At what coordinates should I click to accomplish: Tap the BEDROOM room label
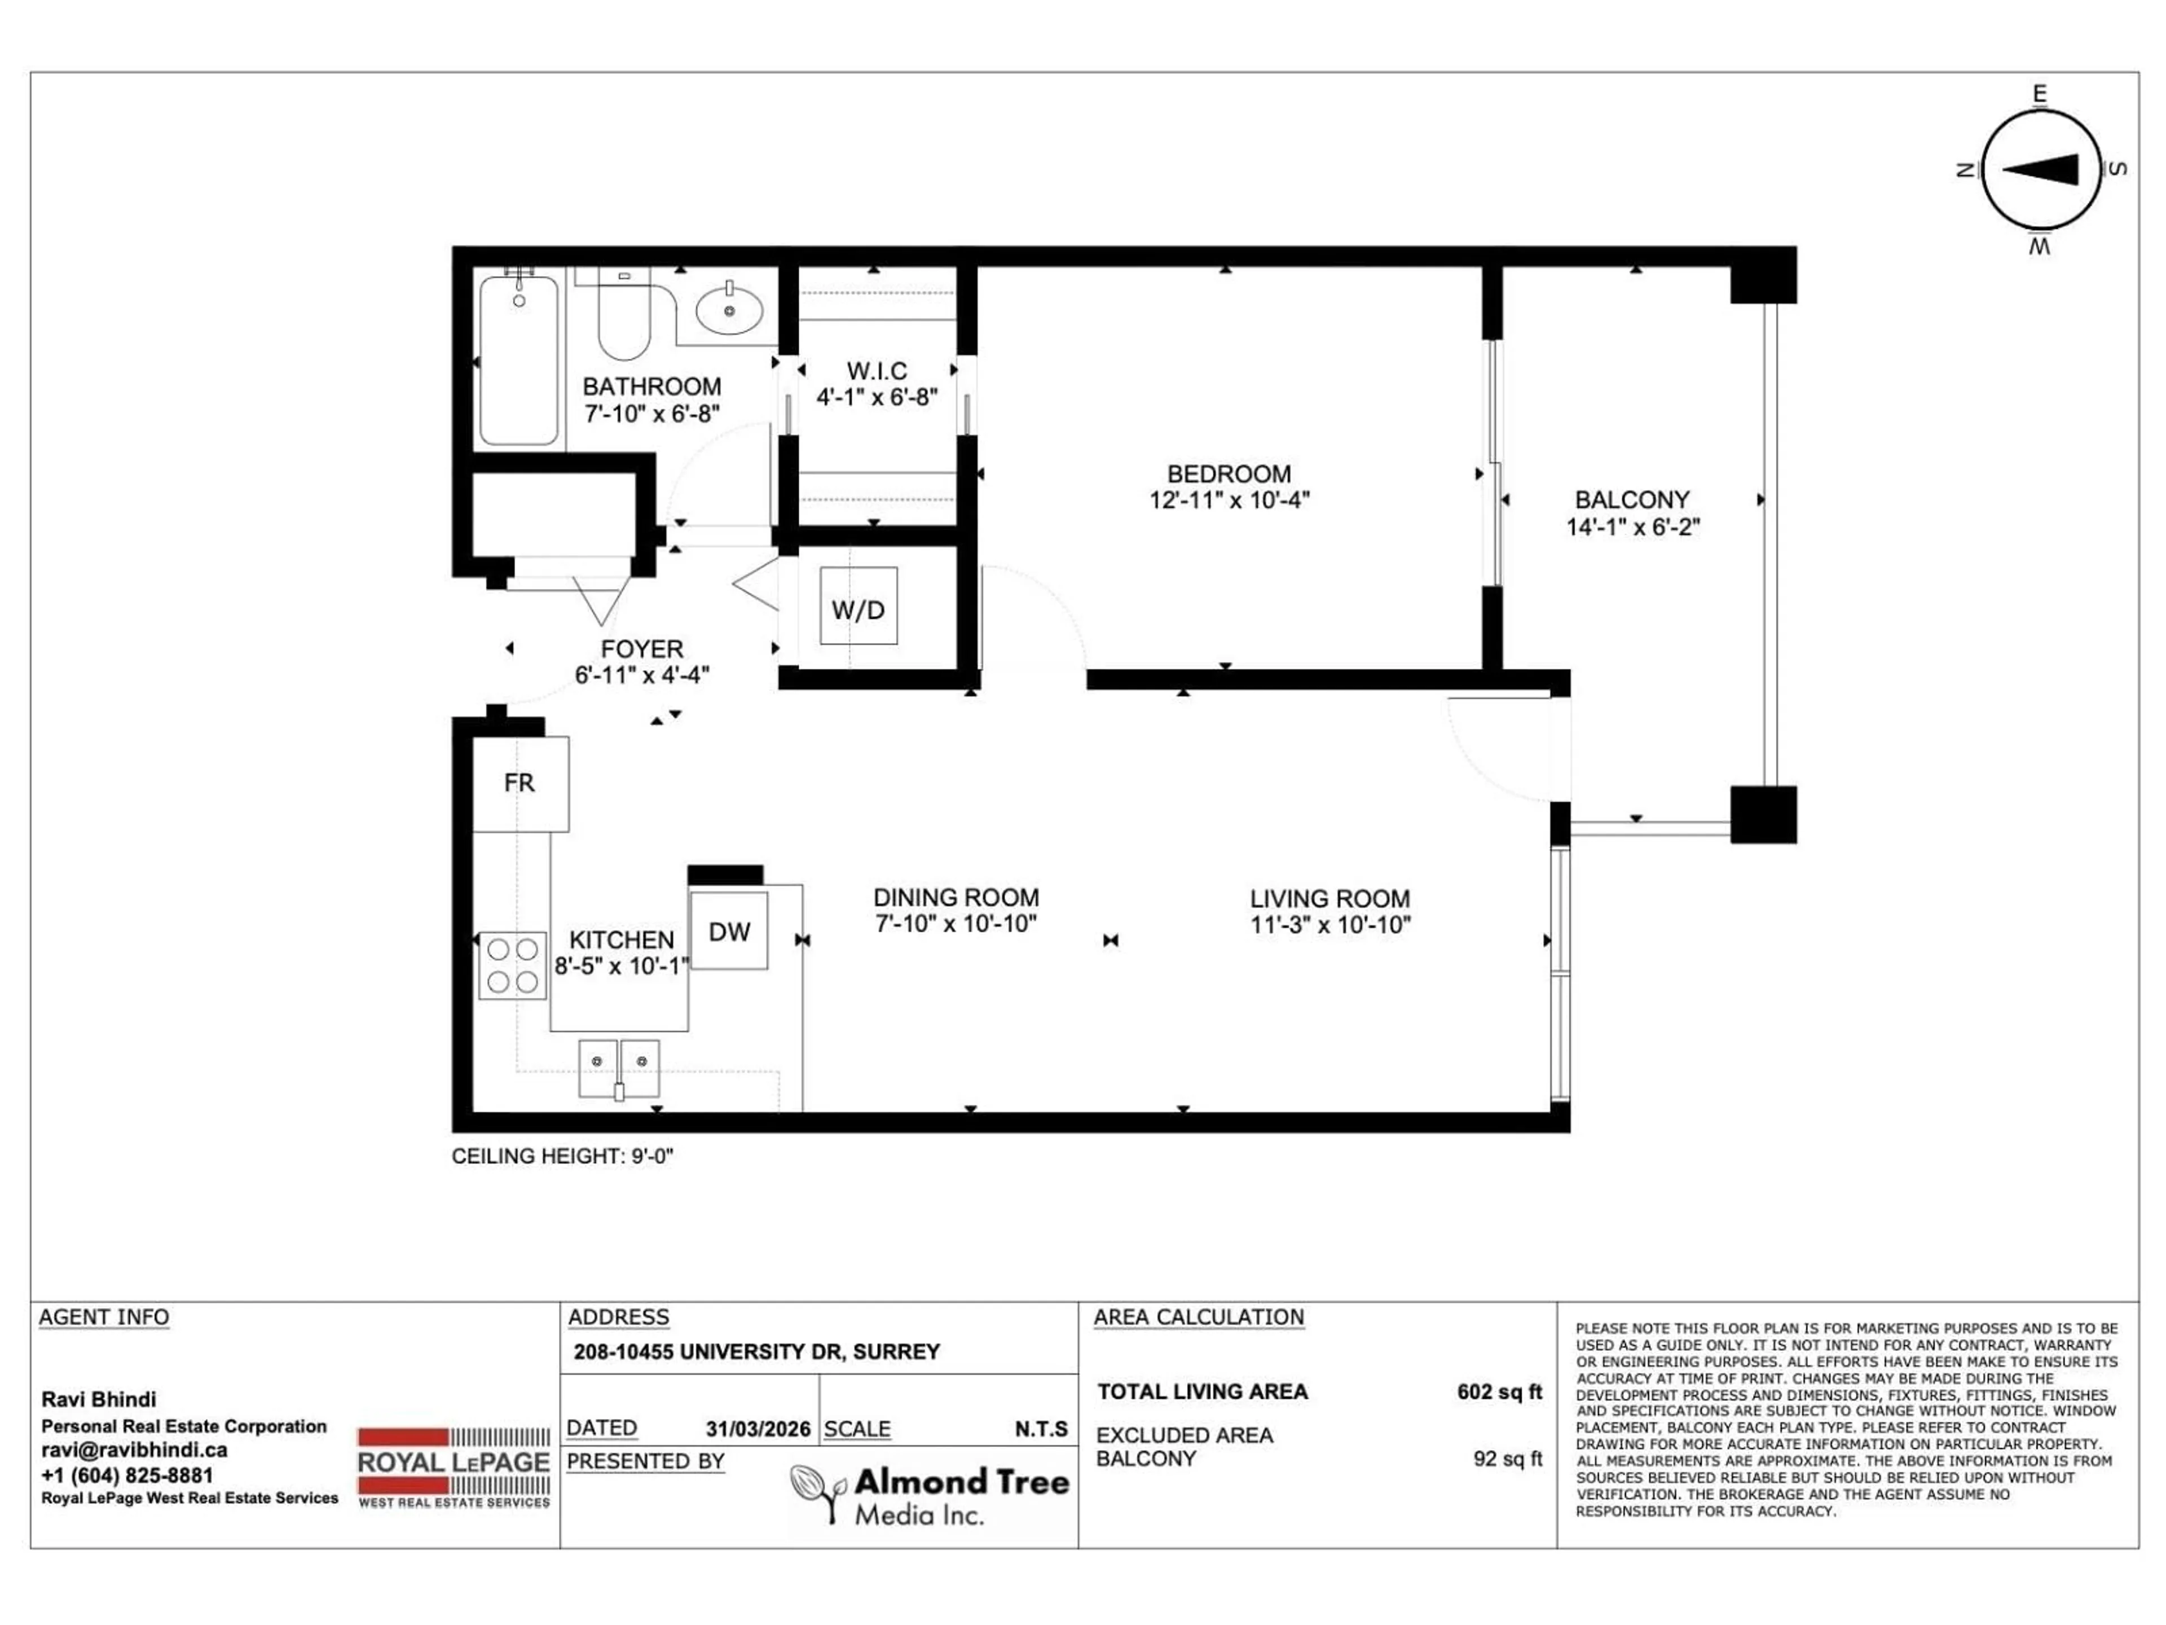[1229, 474]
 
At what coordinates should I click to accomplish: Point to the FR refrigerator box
[520, 783]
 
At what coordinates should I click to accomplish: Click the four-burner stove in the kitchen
[512, 965]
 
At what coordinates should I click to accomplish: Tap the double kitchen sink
[619, 1069]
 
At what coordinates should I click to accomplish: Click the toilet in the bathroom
[624, 317]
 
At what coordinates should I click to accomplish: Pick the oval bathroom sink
[729, 310]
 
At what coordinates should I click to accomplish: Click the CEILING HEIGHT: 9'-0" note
[562, 1156]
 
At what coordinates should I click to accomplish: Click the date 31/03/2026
[758, 1429]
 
